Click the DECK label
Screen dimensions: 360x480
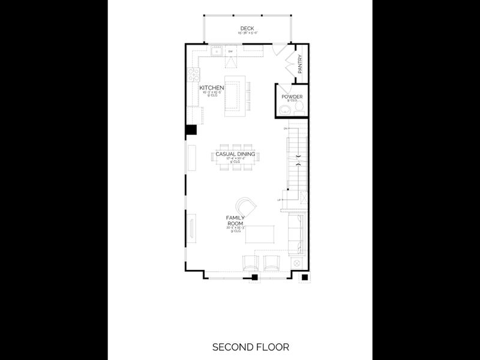pos(246,28)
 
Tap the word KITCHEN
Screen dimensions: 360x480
pos(211,88)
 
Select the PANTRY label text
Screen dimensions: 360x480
pos(299,65)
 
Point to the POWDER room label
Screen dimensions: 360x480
pos(292,97)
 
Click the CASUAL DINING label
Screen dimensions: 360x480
pos(235,154)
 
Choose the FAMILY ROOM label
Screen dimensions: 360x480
pos(234,220)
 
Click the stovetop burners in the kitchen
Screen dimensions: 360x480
pos(194,74)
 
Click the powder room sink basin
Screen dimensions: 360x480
pos(284,109)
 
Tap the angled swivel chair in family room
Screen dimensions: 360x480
pos(247,208)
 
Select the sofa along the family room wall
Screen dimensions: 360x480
pos(297,236)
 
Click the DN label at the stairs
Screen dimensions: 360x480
pos(285,128)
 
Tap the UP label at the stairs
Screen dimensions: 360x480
pos(279,200)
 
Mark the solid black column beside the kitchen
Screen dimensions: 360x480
pos(191,130)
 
